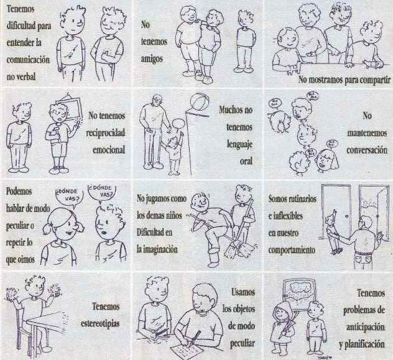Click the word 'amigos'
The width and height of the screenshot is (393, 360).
pos(152,59)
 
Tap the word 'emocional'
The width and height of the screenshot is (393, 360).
pos(109,150)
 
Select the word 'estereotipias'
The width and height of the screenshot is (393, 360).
pos(100,323)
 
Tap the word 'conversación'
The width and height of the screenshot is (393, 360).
pos(367,150)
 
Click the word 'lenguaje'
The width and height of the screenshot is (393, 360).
pos(239,144)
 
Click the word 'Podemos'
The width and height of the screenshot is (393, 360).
pos(19,192)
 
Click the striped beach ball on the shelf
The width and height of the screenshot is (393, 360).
pos(200,103)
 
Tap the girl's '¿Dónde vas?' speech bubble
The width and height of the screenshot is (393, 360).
pos(69,197)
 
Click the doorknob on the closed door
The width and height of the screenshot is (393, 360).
pos(346,216)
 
